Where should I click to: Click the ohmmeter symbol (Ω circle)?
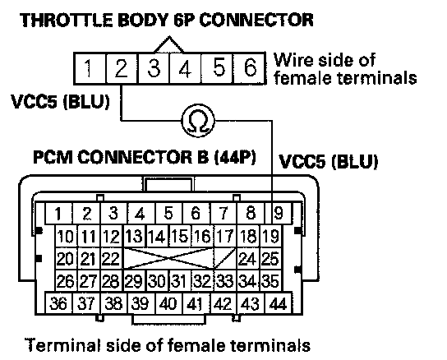198,120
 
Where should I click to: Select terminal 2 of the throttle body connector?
122,68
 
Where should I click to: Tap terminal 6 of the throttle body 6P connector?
250,68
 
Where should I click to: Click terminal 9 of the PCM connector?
279,213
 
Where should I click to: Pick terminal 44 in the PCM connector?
279,303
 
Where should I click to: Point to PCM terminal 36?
58,303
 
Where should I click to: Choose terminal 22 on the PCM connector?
112,258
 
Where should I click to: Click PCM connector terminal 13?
134,236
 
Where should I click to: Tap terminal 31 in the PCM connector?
180,281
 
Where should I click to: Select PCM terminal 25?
271,258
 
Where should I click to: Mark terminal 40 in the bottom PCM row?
168,303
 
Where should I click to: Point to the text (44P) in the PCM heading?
235,157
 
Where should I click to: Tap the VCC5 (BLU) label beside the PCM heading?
328,161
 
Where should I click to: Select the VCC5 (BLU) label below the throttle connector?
60,102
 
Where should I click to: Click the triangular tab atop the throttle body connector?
169,44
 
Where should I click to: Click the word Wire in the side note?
293,60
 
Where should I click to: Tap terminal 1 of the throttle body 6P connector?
90,68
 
